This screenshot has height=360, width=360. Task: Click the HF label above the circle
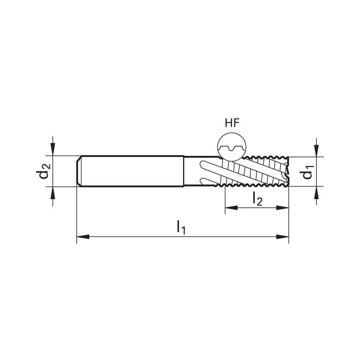tap(232, 123)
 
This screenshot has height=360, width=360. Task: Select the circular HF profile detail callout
tap(232, 148)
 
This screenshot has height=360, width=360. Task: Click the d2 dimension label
tap(43, 172)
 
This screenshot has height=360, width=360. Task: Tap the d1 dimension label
tap(307, 172)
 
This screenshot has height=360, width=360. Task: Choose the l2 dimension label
tap(257, 198)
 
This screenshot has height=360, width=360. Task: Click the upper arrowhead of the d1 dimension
tap(316, 150)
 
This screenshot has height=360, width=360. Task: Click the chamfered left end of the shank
tap(79, 171)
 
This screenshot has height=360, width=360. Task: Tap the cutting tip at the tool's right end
tap(287, 172)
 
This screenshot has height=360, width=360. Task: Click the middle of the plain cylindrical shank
tap(131, 171)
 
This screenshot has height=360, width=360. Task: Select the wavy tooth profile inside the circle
tap(232, 149)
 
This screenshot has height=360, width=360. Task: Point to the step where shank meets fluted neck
tap(184, 171)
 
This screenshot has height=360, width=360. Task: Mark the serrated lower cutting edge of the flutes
tap(256, 185)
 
